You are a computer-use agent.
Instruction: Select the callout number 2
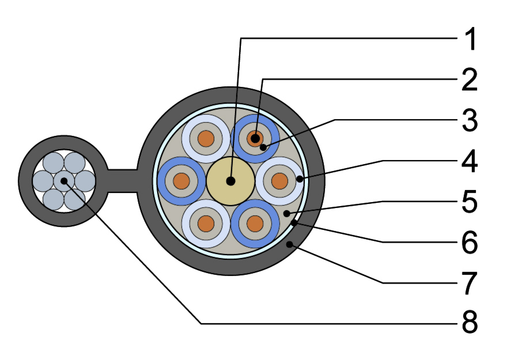click(470, 79)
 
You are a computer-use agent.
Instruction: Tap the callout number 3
click(470, 120)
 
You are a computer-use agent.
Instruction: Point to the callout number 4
click(470, 161)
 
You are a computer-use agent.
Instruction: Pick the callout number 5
click(470, 202)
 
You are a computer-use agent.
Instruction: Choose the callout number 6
click(470, 242)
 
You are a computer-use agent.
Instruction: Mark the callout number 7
click(470, 283)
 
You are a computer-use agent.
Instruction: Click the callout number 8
click(470, 322)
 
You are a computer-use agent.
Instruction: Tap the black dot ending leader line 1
click(230, 181)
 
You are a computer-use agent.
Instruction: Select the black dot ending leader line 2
click(255, 138)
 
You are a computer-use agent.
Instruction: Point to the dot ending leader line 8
click(64, 181)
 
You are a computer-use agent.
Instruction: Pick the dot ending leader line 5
click(286, 213)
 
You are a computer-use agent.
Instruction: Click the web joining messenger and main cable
click(123, 181)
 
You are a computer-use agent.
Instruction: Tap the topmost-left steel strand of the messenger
click(54, 163)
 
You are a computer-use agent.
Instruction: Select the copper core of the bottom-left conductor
click(206, 224)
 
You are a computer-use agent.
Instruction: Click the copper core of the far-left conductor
click(181, 181)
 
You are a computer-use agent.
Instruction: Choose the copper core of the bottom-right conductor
click(255, 224)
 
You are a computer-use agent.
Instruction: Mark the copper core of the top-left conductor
click(206, 139)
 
